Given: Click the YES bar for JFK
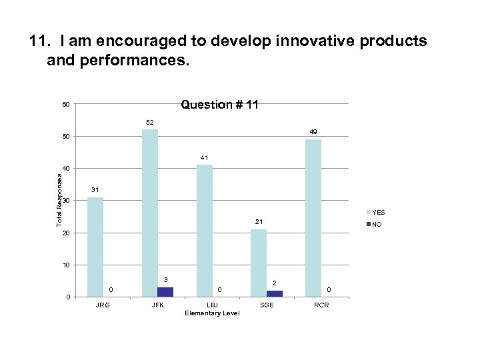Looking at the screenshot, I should coord(150,213).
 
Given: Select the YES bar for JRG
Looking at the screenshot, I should coord(95,247).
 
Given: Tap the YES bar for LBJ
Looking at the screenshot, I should coord(205,230).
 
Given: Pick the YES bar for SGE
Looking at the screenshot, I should coord(259,263).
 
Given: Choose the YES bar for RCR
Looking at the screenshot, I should coord(313,217).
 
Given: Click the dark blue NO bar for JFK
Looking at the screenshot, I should coord(165,292).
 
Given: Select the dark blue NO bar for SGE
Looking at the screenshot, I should coord(275,293).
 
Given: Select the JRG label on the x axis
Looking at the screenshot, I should coord(103,305).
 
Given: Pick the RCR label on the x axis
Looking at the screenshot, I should coord(321,305).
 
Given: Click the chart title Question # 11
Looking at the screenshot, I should coord(220,105).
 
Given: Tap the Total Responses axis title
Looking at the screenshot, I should coord(59,199).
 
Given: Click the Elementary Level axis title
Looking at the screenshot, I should coord(212,313).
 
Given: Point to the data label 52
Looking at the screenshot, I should coord(150,123).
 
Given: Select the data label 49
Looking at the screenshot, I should coord(313,132).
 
